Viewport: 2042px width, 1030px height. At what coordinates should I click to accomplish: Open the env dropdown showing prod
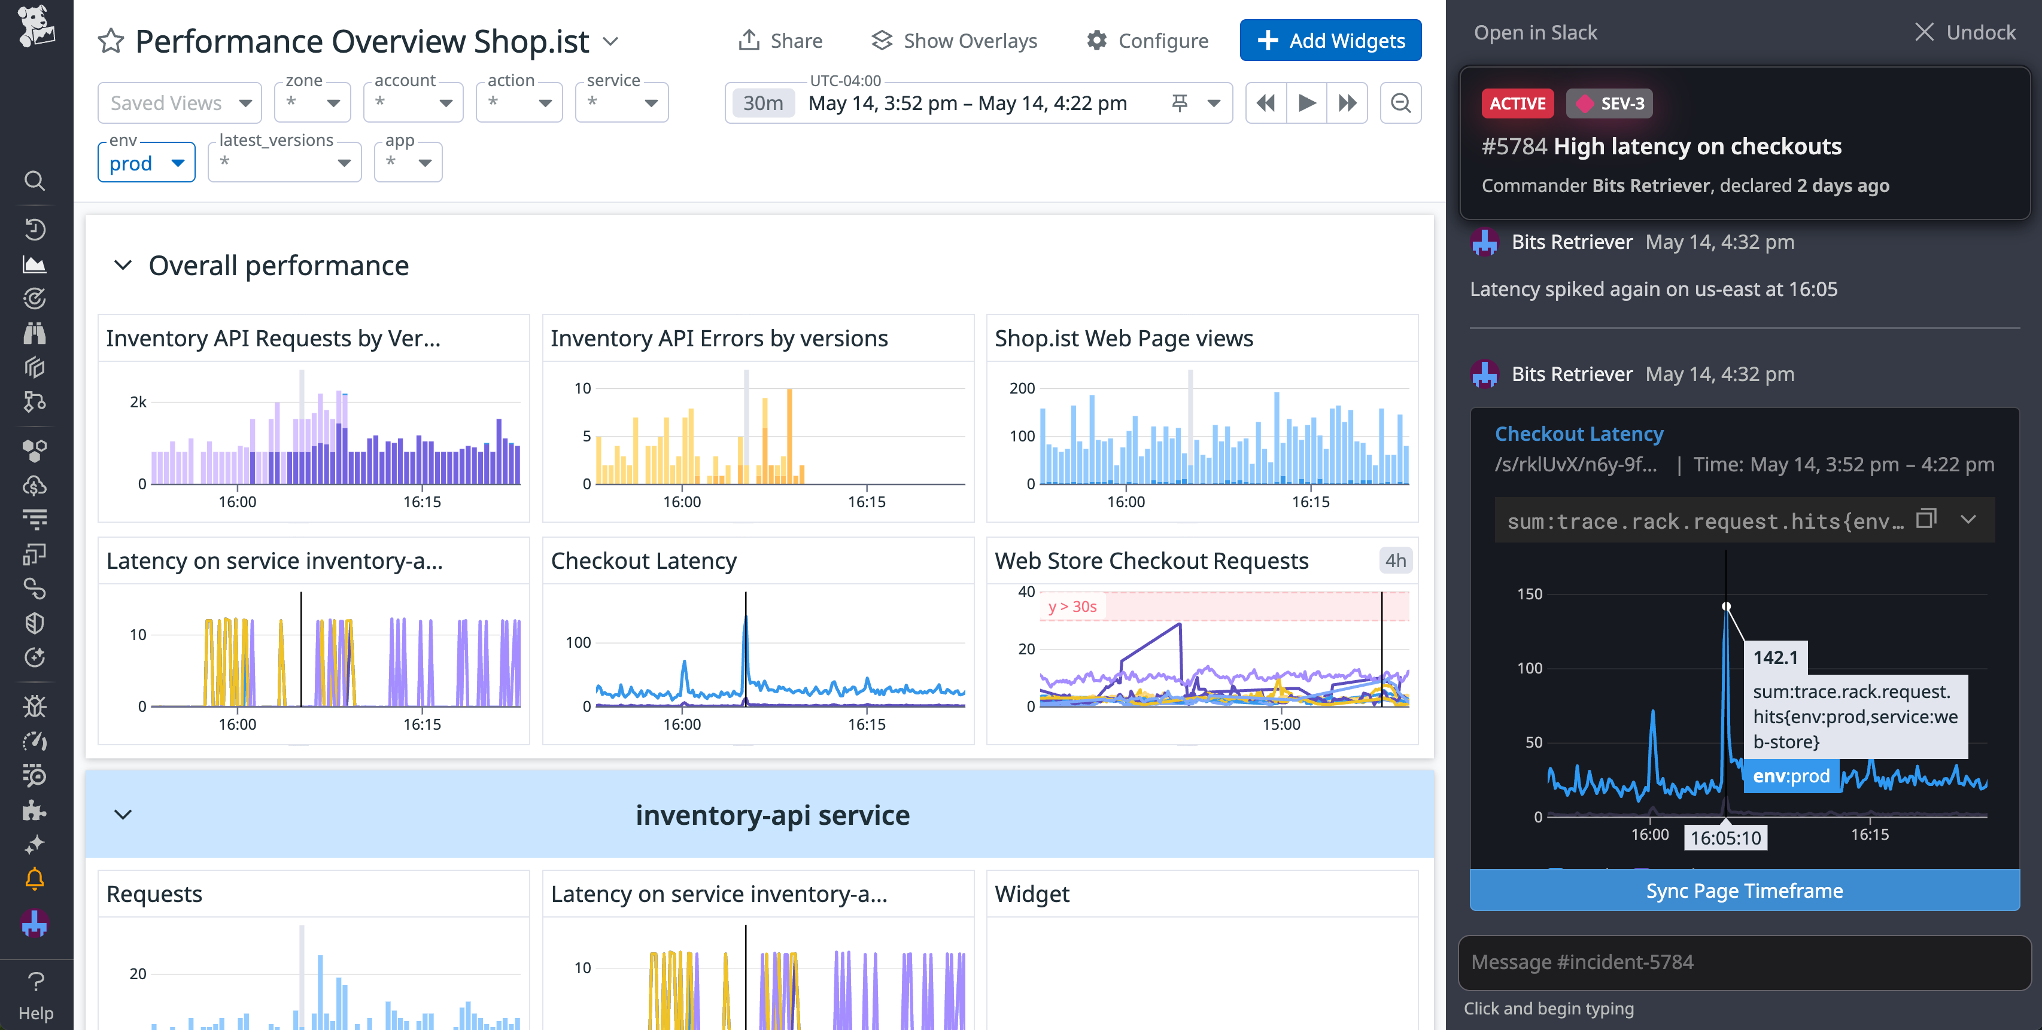tap(146, 163)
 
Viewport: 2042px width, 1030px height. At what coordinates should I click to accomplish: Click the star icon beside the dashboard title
tap(111, 41)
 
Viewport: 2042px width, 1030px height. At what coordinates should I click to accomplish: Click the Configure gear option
tap(1147, 41)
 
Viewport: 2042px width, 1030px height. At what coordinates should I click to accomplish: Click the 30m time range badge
tap(762, 103)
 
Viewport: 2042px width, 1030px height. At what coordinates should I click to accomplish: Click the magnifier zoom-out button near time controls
tap(1400, 103)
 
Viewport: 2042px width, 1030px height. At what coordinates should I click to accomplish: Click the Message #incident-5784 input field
tap(1744, 962)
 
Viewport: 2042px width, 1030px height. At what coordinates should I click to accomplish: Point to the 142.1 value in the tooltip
tap(1775, 657)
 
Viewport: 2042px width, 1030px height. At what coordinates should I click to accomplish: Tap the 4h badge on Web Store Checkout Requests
tap(1395, 560)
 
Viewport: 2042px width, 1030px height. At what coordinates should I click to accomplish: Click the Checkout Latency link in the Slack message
tap(1578, 434)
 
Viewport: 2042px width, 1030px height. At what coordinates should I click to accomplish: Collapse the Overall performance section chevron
tap(123, 266)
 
